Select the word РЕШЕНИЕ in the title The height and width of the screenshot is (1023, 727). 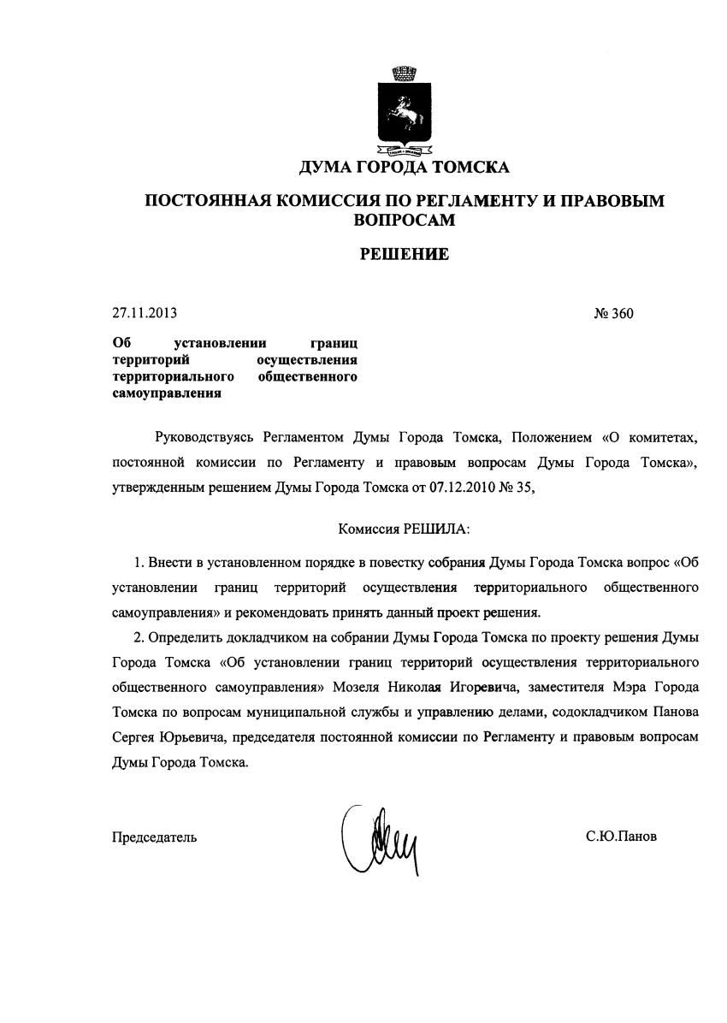click(404, 253)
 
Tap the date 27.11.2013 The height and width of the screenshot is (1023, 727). click(145, 313)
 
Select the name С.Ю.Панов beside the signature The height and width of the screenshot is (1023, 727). click(622, 836)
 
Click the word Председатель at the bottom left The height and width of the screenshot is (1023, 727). click(154, 837)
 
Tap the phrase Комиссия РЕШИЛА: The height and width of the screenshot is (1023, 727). click(404, 529)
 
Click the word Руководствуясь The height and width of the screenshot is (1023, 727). click(205, 438)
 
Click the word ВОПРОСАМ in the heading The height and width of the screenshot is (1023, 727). click(404, 219)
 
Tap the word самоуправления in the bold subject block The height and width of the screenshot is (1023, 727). click(167, 393)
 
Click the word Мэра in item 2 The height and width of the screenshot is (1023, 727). click(633, 687)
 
